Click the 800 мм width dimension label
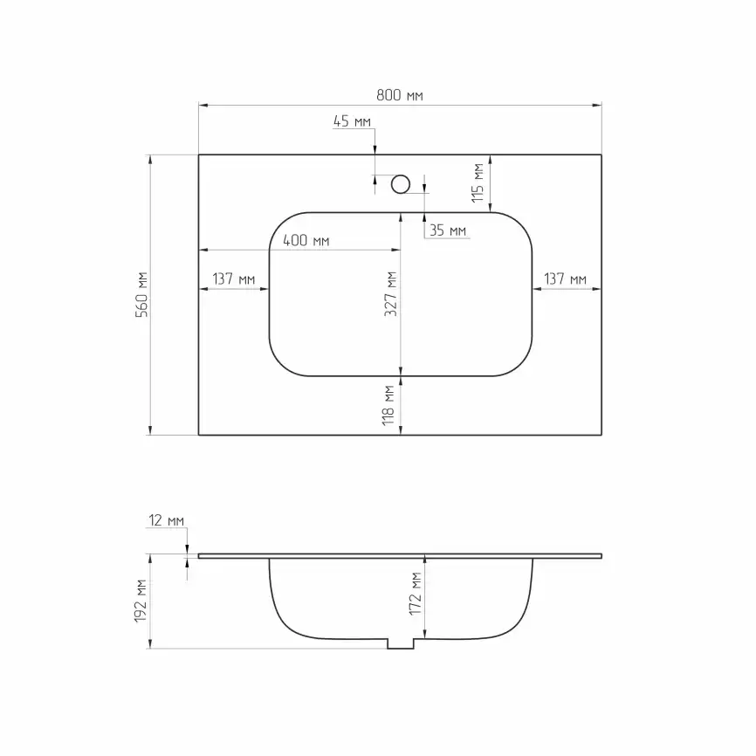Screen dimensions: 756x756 coord(400,95)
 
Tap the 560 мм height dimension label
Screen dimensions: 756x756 coord(141,294)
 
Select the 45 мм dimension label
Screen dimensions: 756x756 coord(352,121)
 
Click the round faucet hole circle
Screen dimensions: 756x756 coord(401,184)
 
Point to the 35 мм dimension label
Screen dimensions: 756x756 coord(448,230)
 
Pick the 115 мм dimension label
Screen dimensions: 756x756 coord(478,182)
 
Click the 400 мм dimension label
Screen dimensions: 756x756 coord(306,240)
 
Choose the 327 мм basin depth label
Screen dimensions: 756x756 coord(390,294)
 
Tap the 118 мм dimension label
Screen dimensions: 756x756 coord(388,405)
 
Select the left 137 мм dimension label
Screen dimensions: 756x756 coord(234,278)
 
